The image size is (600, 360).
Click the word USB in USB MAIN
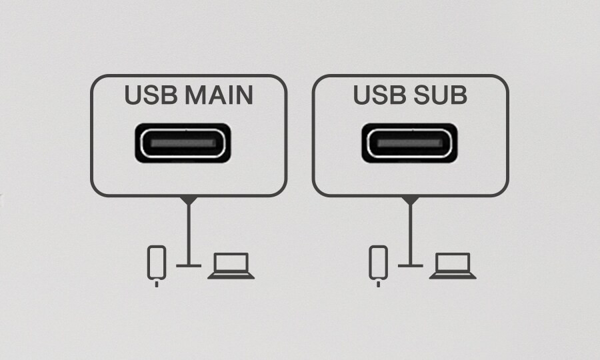pos(150,96)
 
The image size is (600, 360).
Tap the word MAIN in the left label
pos(218,96)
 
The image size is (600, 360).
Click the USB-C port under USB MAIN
pos(183,143)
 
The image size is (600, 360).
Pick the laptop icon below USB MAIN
pos(231,265)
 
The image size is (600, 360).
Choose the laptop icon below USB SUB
pos(453,265)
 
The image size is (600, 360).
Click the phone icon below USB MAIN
pos(156,263)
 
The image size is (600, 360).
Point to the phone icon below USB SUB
pos(378,263)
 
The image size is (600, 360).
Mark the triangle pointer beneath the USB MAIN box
pos(189,200)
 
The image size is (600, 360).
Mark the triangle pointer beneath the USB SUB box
pos(411,200)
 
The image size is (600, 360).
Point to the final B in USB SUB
pos(458,96)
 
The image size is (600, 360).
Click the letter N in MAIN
pos(243,96)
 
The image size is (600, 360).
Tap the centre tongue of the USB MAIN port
pos(183,143)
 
